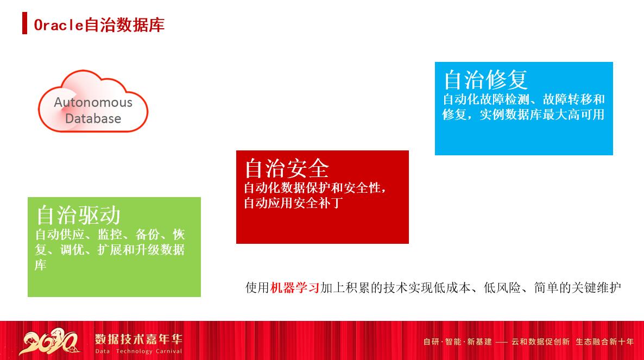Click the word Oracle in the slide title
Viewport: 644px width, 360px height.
click(x=59, y=25)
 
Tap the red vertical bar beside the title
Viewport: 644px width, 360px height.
click(x=24, y=25)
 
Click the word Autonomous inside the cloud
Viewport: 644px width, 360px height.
click(x=93, y=103)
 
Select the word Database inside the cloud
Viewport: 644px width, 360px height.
click(x=93, y=118)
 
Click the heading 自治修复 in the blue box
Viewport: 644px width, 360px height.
click(x=485, y=80)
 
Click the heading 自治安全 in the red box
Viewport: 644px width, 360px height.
click(x=286, y=168)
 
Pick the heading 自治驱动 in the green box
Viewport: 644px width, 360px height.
click(x=78, y=215)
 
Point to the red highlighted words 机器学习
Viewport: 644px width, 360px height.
click(x=294, y=288)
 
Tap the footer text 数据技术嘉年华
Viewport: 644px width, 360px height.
click(x=138, y=339)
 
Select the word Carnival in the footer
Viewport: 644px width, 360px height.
click(x=166, y=351)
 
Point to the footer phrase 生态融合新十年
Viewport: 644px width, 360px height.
click(x=604, y=342)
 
